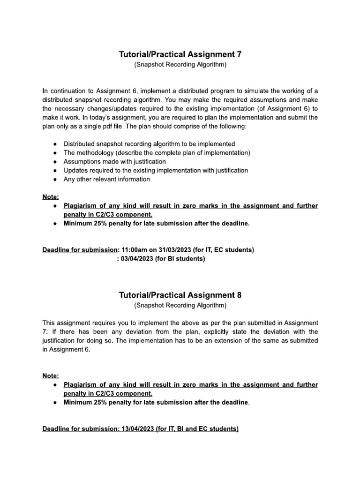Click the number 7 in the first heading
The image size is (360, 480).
pos(239,55)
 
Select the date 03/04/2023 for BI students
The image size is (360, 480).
pos(137,259)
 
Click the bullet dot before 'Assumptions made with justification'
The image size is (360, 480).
pos(55,162)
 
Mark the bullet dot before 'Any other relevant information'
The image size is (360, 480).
pos(55,180)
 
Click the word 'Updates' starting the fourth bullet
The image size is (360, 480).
pos(75,171)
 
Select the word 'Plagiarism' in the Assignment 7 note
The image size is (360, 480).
pos(81,206)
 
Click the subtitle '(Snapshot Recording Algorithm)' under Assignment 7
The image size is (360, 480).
pos(180,65)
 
